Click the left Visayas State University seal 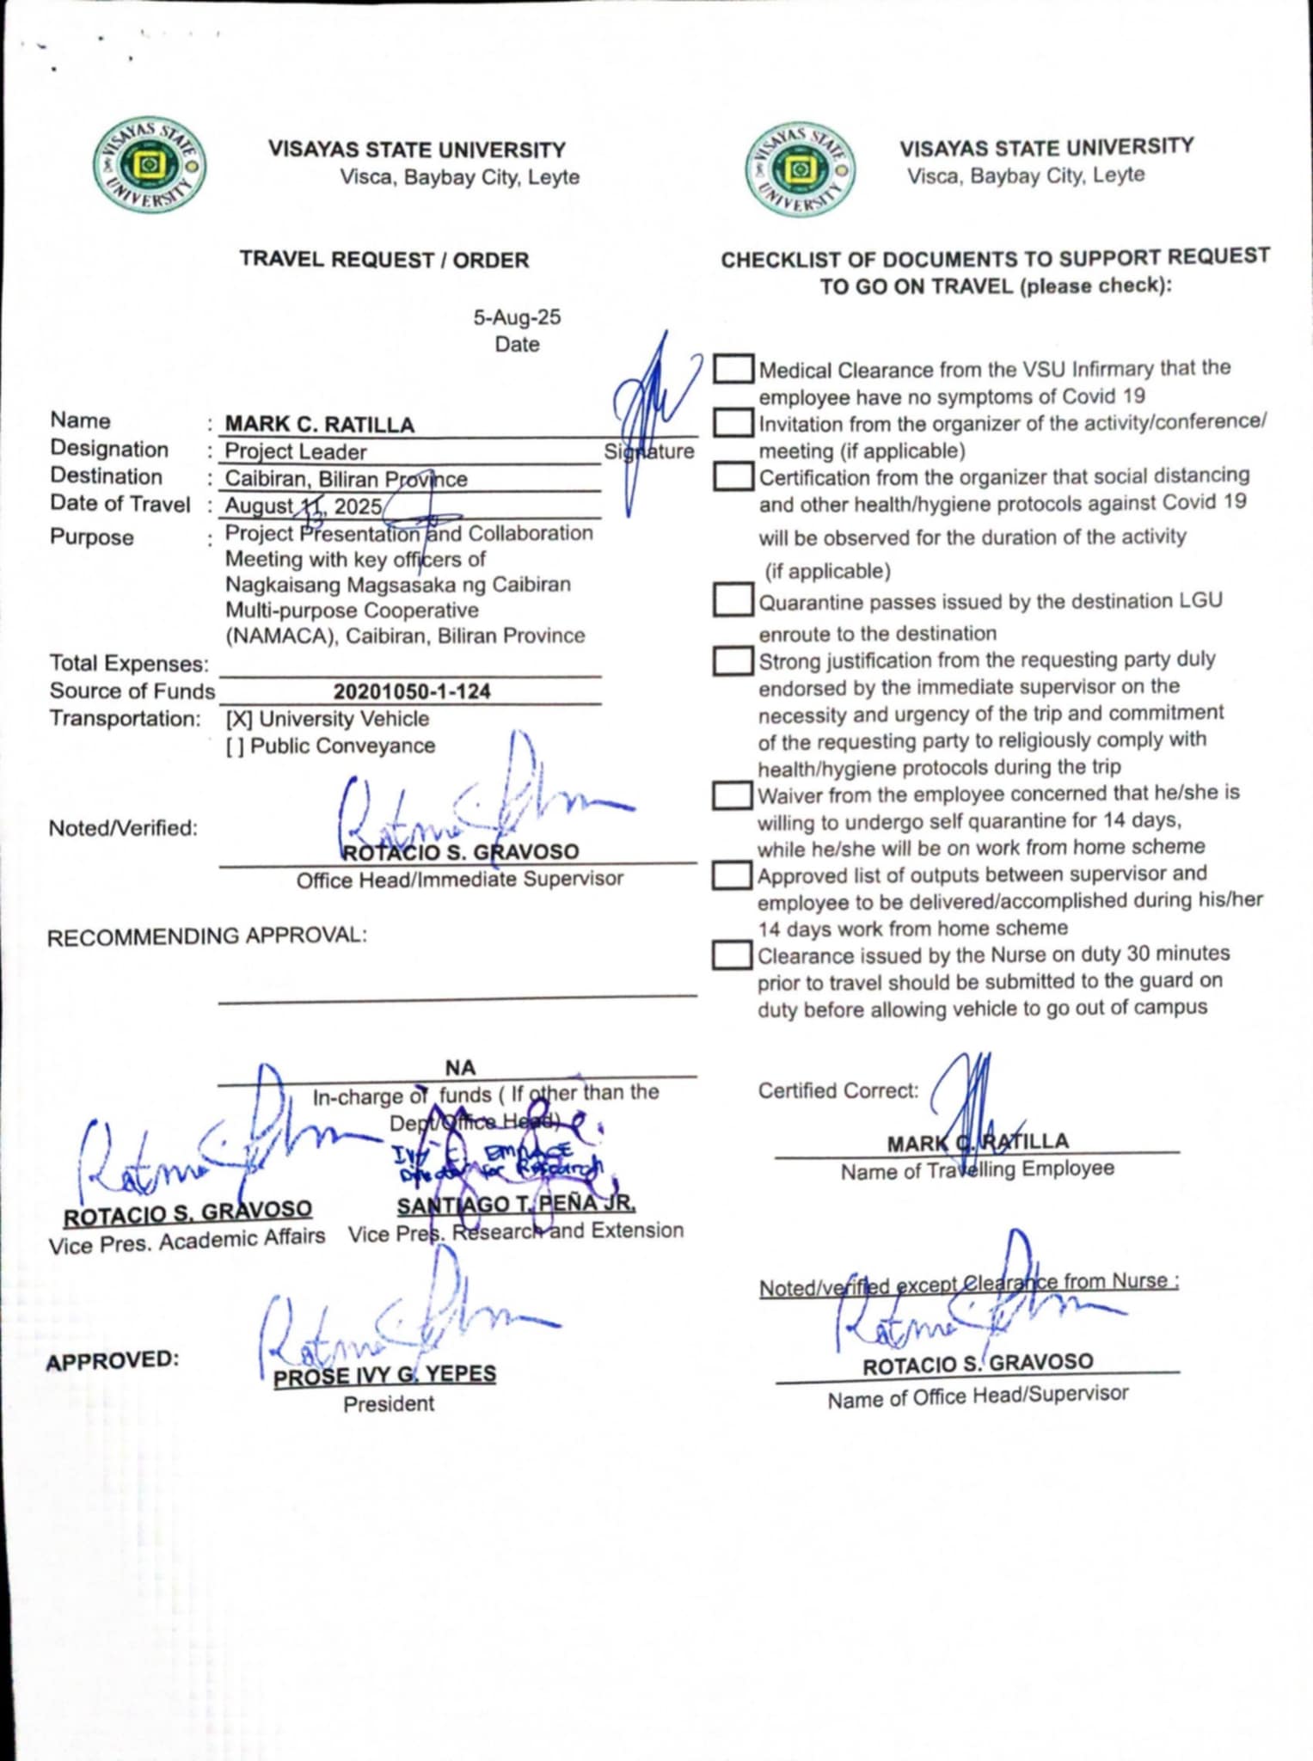[149, 166]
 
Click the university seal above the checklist [800, 168]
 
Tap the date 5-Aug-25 [516, 317]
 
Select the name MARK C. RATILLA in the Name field [319, 425]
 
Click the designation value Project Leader [295, 451]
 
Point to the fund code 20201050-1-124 [412, 691]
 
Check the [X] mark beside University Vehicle [238, 719]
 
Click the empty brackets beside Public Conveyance [234, 746]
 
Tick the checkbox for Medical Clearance [733, 369]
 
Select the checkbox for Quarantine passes [733, 599]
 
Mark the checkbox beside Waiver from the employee [733, 795]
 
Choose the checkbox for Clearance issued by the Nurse [733, 955]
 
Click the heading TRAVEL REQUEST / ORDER [384, 260]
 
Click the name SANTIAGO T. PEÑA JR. [516, 1206]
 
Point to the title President [389, 1404]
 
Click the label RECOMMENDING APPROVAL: [206, 936]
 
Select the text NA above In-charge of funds [460, 1068]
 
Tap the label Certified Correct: [837, 1091]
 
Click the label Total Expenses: [129, 664]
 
